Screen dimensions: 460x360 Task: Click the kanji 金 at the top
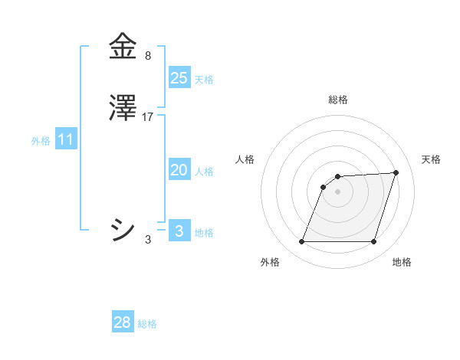(x=123, y=47)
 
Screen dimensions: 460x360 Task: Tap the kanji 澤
(x=123, y=108)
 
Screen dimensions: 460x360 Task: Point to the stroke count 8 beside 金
(x=148, y=56)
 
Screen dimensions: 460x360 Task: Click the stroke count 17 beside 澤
(x=149, y=117)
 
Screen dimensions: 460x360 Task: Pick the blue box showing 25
(x=179, y=77)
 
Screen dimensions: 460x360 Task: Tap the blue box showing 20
(x=179, y=170)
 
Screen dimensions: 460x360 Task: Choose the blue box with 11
(x=66, y=140)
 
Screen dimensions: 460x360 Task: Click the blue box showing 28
(x=122, y=322)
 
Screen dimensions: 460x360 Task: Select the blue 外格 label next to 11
(x=41, y=141)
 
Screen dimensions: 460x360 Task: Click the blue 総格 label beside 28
(x=147, y=324)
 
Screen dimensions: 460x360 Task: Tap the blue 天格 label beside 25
(x=204, y=79)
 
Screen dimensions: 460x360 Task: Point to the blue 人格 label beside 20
(x=204, y=172)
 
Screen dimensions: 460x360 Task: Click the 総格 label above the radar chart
(x=338, y=100)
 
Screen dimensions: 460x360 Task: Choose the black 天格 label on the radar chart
(x=432, y=159)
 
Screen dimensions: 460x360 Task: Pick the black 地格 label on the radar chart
(x=402, y=262)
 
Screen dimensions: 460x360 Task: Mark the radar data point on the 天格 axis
(x=396, y=172)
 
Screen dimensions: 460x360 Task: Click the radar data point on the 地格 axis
(x=374, y=242)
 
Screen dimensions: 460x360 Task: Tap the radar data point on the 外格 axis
(x=301, y=242)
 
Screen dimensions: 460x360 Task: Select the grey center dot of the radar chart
(x=338, y=191)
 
